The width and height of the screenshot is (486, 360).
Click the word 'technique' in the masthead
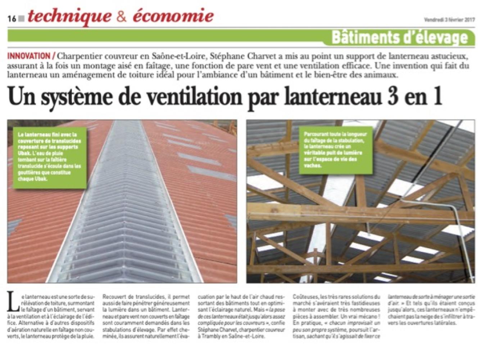[69, 16]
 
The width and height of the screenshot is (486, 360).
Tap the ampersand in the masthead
[122, 17]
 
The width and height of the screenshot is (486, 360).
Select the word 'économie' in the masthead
[173, 16]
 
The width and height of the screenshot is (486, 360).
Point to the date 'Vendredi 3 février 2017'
[449, 20]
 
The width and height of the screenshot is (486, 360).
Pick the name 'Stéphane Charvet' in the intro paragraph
[237, 57]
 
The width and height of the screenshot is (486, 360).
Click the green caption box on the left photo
[50, 157]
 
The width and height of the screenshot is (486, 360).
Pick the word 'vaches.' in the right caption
[312, 166]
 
